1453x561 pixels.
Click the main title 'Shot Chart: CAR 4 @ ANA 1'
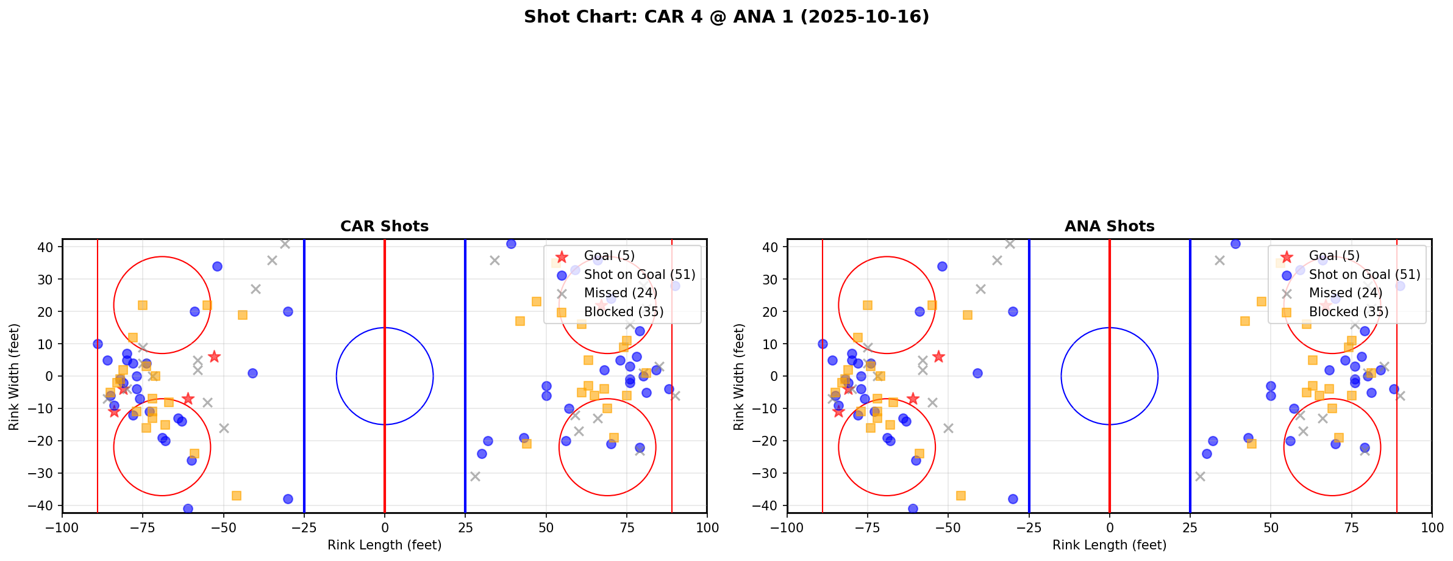726,17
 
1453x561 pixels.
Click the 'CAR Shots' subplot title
384,226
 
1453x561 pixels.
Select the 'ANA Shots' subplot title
1109,226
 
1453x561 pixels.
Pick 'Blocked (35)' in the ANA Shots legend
1348,312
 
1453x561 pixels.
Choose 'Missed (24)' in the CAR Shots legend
620,293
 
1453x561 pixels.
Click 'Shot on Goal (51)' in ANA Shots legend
1365,275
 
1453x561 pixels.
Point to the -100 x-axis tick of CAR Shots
62,527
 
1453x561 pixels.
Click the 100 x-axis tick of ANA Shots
1431,527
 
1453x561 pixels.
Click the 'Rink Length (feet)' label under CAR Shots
384,545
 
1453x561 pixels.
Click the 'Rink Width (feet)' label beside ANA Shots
739,377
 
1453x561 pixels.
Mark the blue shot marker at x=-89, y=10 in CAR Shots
98,344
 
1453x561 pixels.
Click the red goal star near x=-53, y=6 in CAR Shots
214,357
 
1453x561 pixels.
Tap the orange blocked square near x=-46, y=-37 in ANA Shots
961,496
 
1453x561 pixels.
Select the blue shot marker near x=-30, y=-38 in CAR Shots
288,499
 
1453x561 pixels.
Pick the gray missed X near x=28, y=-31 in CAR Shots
475,476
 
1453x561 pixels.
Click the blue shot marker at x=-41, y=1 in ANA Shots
977,373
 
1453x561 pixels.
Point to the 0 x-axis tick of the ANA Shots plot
1109,527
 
